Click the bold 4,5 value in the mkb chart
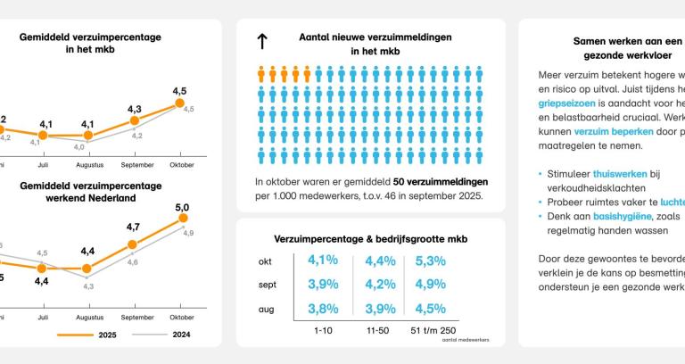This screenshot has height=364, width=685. click(179, 91)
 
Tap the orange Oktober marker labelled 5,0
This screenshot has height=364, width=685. click(183, 217)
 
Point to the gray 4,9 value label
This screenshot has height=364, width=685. click(189, 232)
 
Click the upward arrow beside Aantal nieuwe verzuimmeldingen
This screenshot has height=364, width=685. click(262, 42)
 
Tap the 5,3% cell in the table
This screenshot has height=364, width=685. click(430, 261)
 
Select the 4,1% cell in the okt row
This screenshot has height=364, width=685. click(322, 261)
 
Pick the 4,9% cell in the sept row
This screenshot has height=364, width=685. click(430, 285)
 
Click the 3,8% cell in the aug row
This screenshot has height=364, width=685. click(322, 309)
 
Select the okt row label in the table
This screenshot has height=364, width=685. click(265, 261)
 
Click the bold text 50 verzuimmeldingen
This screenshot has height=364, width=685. click(440, 181)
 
